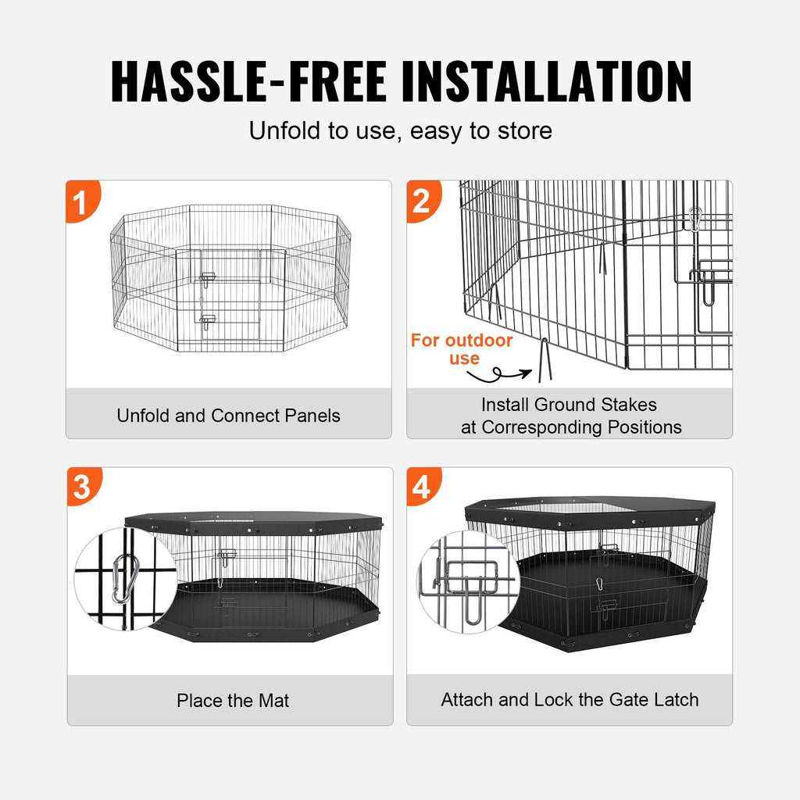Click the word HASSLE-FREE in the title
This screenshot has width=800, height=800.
pos(248,80)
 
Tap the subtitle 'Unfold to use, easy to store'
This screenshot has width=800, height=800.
pos(400,130)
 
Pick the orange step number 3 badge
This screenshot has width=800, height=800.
pos(81,487)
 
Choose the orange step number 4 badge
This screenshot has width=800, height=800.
pos(422,487)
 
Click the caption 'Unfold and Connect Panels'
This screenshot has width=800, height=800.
pos(228,416)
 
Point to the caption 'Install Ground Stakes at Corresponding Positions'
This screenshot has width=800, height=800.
pos(570,416)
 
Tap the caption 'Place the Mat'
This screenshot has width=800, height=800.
pos(233,701)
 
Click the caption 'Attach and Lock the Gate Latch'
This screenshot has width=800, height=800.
pos(570,699)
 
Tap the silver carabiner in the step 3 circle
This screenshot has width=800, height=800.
pos(122,579)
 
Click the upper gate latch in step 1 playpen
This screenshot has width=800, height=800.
pos(207,277)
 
